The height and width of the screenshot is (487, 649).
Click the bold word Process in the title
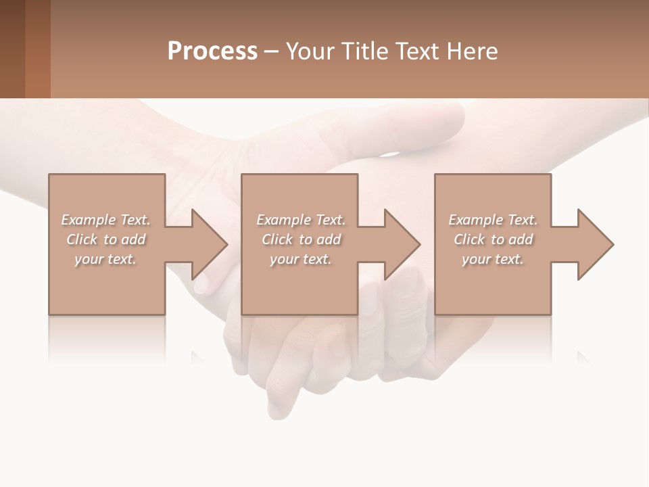coord(212,51)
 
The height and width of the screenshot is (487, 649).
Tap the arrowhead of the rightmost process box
coord(594,244)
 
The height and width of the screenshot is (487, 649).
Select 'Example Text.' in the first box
coord(105,220)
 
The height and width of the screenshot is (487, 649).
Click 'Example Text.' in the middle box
coord(300,220)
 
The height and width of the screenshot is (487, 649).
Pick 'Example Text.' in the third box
coord(493,220)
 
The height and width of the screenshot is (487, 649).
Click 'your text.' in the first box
coord(105,259)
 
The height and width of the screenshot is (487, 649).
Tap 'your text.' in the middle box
coord(300,259)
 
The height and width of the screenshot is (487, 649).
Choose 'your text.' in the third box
coord(493,259)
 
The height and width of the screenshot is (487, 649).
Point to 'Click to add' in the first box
coord(105,239)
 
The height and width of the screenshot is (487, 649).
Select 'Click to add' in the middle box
coord(300,239)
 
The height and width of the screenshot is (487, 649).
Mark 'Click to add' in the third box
coord(493,239)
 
